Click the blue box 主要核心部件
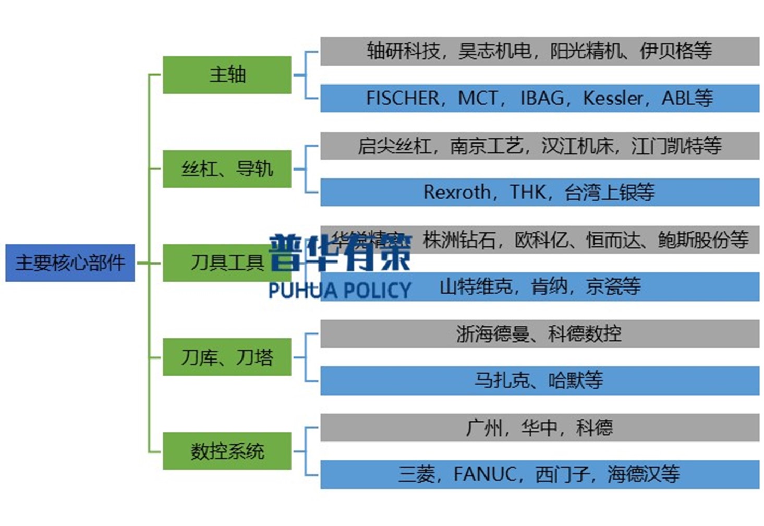(70, 262)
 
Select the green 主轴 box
(227, 75)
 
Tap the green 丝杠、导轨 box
(227, 169)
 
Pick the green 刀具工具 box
(227, 262)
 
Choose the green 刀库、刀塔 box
(227, 357)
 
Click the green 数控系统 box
(227, 451)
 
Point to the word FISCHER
(403, 98)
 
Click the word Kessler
(613, 98)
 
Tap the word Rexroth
(456, 192)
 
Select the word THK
(528, 192)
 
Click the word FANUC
(485, 474)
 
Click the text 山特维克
(476, 286)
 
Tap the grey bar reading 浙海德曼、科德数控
(539, 333)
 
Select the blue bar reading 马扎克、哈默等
(539, 380)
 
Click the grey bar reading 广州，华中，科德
(539, 428)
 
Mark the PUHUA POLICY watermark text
(339, 290)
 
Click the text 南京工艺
(487, 146)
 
